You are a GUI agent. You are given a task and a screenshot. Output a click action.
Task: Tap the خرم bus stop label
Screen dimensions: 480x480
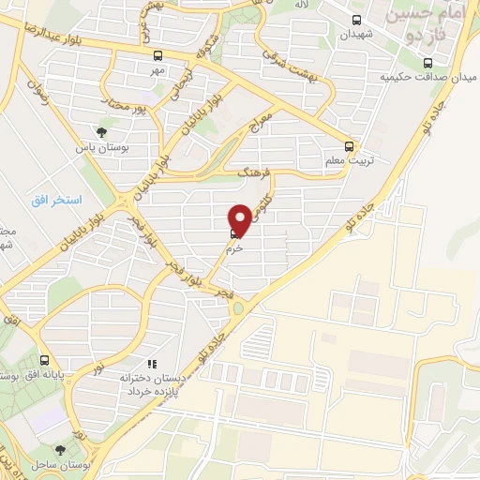point(235,248)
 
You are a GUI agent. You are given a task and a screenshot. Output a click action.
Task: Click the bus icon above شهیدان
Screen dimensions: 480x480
point(356,20)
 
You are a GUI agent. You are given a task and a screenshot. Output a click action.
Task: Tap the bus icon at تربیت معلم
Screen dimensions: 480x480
point(350,146)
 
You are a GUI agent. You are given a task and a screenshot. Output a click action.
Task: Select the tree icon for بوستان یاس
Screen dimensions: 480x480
point(102,132)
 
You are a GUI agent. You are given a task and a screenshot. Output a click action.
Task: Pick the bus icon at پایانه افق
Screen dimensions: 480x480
point(44,360)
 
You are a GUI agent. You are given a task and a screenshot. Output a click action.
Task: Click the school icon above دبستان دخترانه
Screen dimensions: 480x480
point(151,363)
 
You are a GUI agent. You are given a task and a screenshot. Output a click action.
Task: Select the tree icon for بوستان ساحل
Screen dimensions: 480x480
point(62,450)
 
